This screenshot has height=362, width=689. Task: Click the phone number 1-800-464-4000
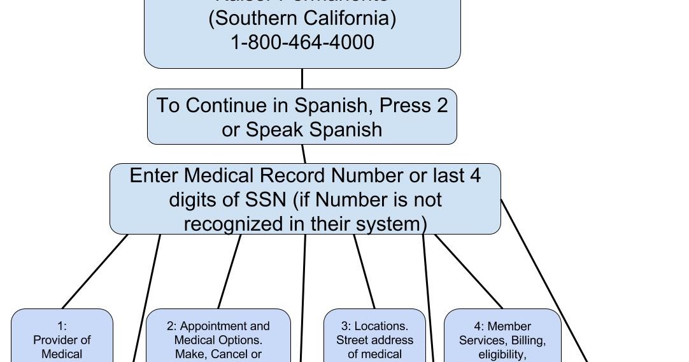302,43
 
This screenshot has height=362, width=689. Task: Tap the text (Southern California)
302,18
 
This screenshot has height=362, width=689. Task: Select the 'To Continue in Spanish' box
302,117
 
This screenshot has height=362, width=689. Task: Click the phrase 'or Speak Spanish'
302,129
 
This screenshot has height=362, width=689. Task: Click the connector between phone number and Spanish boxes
302,78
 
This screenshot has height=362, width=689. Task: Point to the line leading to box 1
96,270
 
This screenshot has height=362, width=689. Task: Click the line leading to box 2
230,270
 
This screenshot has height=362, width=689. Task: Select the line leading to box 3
364,270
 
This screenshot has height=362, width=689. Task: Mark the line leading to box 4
469,270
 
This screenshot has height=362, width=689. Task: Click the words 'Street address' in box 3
374,340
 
